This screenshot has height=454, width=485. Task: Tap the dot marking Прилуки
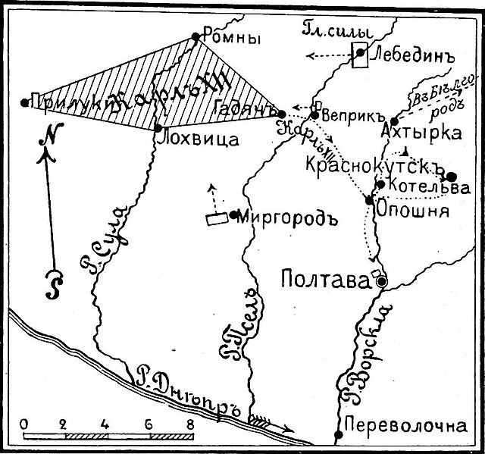point(24,102)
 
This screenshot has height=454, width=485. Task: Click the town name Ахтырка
point(430,133)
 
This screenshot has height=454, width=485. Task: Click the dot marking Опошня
point(369,200)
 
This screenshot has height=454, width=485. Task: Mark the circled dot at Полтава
point(381,280)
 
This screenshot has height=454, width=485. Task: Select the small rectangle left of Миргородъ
point(217,219)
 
